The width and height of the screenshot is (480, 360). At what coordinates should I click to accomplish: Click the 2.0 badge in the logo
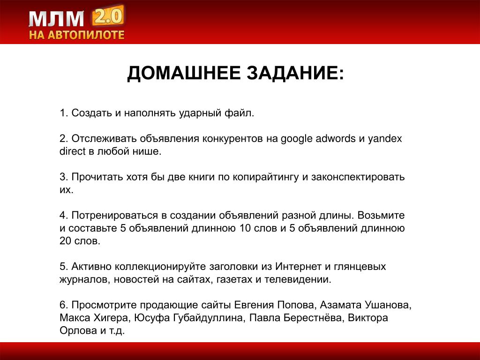click(108, 16)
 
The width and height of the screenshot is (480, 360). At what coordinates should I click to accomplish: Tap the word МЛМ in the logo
click(57, 19)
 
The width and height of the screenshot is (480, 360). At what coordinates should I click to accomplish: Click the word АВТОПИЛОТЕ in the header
click(86, 35)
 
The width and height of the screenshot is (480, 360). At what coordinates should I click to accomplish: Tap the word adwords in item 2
click(336, 139)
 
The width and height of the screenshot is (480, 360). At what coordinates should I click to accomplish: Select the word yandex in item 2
click(385, 139)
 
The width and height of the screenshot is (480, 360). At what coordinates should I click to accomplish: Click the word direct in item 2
click(73, 151)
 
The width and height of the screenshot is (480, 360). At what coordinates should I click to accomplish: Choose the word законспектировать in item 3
click(358, 177)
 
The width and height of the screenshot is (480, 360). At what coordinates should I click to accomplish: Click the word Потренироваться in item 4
click(115, 216)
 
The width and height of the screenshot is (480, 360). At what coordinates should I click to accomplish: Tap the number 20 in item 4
click(65, 241)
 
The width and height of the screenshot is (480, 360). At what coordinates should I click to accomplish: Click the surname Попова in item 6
click(295, 305)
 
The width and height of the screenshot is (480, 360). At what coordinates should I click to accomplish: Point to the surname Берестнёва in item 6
click(312, 318)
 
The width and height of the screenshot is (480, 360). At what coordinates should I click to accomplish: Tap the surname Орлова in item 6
click(79, 330)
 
